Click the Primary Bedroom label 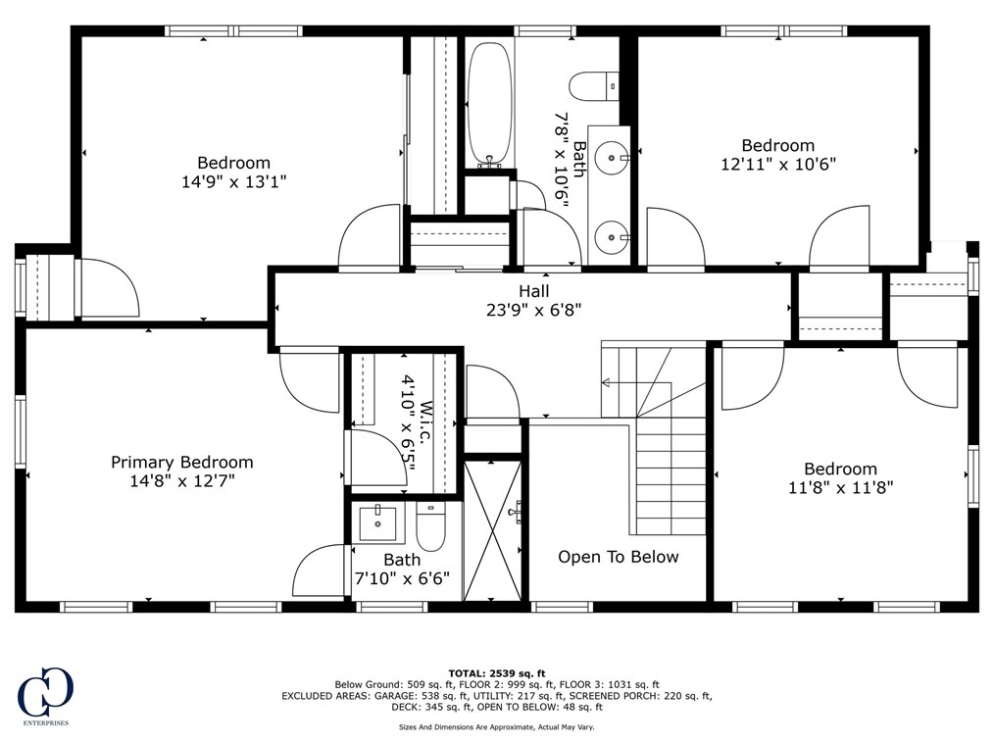(181, 462)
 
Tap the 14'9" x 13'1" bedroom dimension (233, 181)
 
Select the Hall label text (534, 291)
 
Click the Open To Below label (618, 557)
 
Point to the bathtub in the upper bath (488, 103)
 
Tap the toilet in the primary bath (430, 526)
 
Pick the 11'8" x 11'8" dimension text (841, 486)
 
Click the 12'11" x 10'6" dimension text (778, 164)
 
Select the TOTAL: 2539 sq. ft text (496, 673)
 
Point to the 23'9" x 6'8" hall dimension (534, 309)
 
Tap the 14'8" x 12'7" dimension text (181, 480)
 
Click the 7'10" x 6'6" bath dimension (402, 578)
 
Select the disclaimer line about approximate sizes (496, 727)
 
